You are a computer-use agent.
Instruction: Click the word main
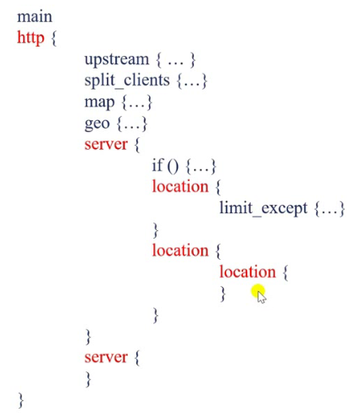click(x=35, y=17)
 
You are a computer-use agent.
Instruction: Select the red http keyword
click(x=30, y=38)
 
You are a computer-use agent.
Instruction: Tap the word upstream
click(x=117, y=60)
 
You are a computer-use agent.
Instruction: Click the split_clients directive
click(x=127, y=81)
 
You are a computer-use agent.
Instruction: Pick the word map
click(x=99, y=102)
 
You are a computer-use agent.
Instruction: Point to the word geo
click(x=97, y=124)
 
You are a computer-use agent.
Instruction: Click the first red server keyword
click(x=106, y=145)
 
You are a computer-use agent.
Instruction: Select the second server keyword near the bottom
click(x=106, y=357)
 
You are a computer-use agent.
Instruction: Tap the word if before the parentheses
click(x=158, y=165)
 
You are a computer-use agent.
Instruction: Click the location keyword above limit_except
click(x=180, y=187)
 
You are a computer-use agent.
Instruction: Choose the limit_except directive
click(x=263, y=209)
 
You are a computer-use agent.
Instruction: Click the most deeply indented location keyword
click(x=247, y=272)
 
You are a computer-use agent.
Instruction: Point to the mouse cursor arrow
click(x=261, y=297)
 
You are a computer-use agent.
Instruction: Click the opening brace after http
click(x=54, y=38)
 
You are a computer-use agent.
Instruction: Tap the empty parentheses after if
click(x=173, y=166)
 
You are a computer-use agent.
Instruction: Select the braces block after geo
click(x=132, y=124)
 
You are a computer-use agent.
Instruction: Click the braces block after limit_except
click(x=330, y=209)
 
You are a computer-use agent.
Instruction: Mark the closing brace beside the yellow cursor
click(x=223, y=294)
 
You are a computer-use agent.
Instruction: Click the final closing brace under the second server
click(x=88, y=379)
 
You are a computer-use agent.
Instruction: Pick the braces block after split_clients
click(x=192, y=81)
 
